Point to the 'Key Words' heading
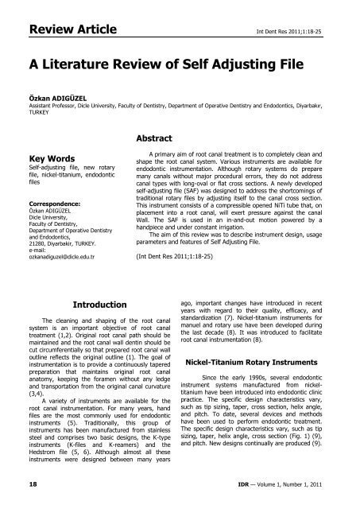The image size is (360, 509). pyautogui.click(x=36, y=180)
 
